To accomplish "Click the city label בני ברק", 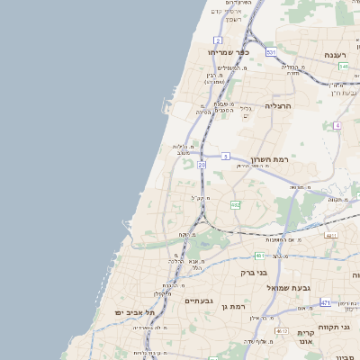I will click(x=255, y=271).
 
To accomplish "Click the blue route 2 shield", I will click(x=218, y=40).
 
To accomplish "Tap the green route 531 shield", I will click(x=271, y=52).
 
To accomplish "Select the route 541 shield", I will click(x=343, y=66).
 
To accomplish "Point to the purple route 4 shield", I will click(x=337, y=125).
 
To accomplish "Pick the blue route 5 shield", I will click(x=226, y=157).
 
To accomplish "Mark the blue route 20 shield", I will click(x=202, y=166).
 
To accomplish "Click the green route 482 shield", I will click(x=236, y=205).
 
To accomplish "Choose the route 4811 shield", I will click(x=331, y=236).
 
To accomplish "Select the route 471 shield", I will click(x=325, y=301).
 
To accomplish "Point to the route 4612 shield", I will click(x=282, y=330).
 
